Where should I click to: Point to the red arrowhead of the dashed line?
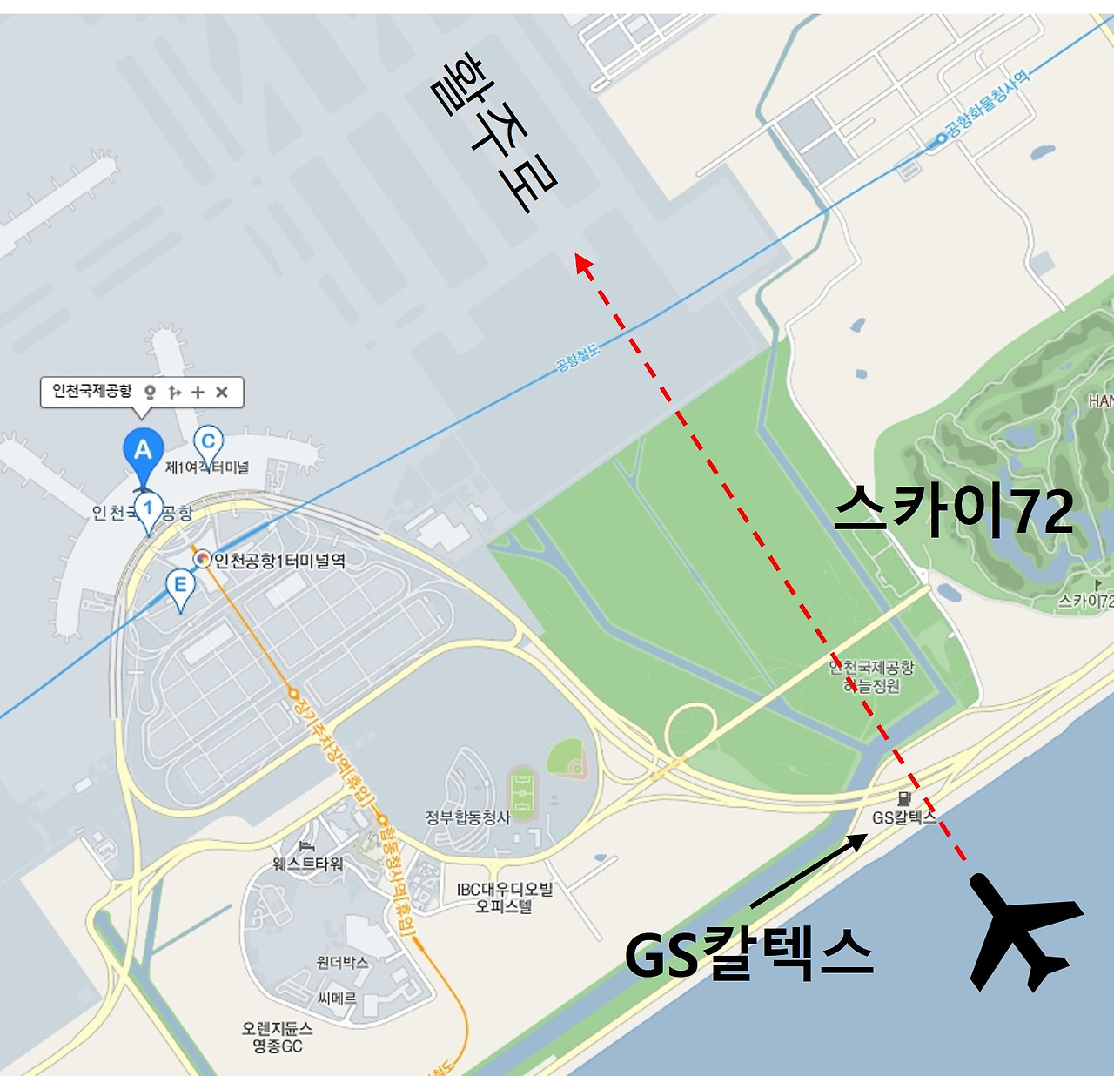[583, 263]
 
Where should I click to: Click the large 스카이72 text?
[954, 511]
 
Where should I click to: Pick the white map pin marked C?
[208, 443]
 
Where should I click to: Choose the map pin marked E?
[180, 587]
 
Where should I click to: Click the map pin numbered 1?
[148, 510]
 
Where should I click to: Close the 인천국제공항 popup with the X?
[222, 392]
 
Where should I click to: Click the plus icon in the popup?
[198, 392]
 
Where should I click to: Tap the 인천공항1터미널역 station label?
[278, 561]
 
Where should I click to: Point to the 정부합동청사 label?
[467, 817]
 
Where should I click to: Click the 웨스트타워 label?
[308, 863]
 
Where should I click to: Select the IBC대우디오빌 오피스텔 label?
[505, 898]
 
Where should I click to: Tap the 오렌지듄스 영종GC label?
[278, 1037]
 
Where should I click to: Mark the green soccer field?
[523, 793]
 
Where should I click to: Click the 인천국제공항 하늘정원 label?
[871, 676]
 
